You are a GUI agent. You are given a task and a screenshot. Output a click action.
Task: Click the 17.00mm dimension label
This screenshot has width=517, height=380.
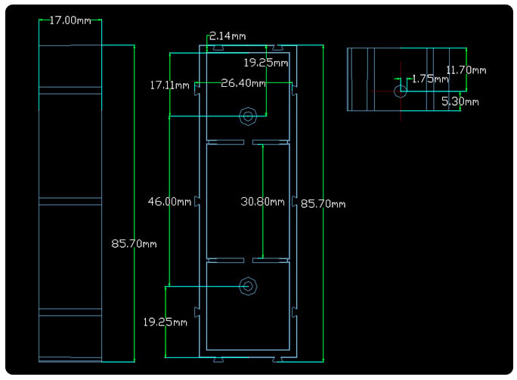click(70, 20)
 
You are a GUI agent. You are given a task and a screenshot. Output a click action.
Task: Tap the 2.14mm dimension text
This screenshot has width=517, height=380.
click(228, 36)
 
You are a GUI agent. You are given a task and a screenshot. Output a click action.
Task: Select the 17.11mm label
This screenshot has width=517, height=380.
click(170, 85)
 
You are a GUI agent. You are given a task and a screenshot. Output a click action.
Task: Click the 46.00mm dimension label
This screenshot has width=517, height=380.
click(169, 202)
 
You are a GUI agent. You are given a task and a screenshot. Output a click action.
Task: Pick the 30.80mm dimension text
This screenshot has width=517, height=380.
click(262, 202)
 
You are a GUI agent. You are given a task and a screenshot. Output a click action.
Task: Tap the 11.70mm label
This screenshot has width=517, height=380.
click(466, 70)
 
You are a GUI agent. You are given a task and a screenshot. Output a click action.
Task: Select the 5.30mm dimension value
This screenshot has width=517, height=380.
click(460, 100)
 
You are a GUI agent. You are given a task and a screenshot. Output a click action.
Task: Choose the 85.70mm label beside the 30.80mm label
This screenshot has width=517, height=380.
click(323, 203)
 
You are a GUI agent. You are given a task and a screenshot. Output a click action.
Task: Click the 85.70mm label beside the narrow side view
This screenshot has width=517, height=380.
click(134, 243)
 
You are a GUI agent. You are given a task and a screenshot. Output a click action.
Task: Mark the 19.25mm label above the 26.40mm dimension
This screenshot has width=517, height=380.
click(265, 63)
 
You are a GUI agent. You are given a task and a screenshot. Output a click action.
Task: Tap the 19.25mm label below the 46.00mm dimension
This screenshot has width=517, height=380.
click(166, 322)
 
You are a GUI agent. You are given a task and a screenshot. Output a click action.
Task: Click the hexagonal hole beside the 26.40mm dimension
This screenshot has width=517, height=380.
click(248, 116)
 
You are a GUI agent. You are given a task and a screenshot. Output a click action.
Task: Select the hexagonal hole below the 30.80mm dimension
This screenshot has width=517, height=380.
click(247, 286)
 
